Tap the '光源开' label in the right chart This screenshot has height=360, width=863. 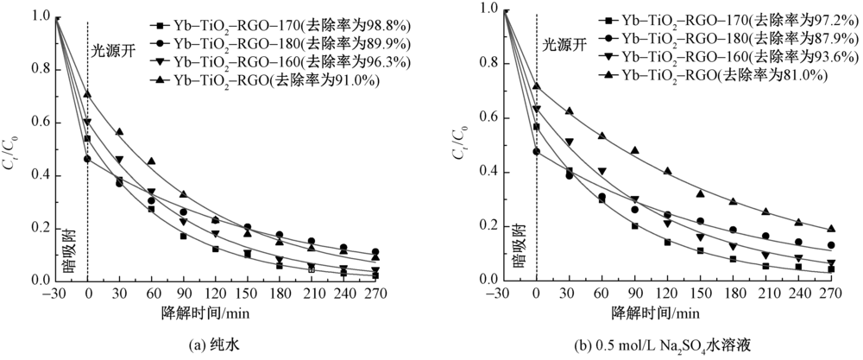[563, 43]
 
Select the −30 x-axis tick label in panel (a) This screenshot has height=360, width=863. [54, 294]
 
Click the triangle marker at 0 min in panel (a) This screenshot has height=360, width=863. [87, 94]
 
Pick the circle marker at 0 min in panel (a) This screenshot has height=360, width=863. [87, 159]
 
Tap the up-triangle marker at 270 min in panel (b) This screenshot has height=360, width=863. [831, 229]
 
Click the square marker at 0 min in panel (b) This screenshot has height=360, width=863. [537, 127]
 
